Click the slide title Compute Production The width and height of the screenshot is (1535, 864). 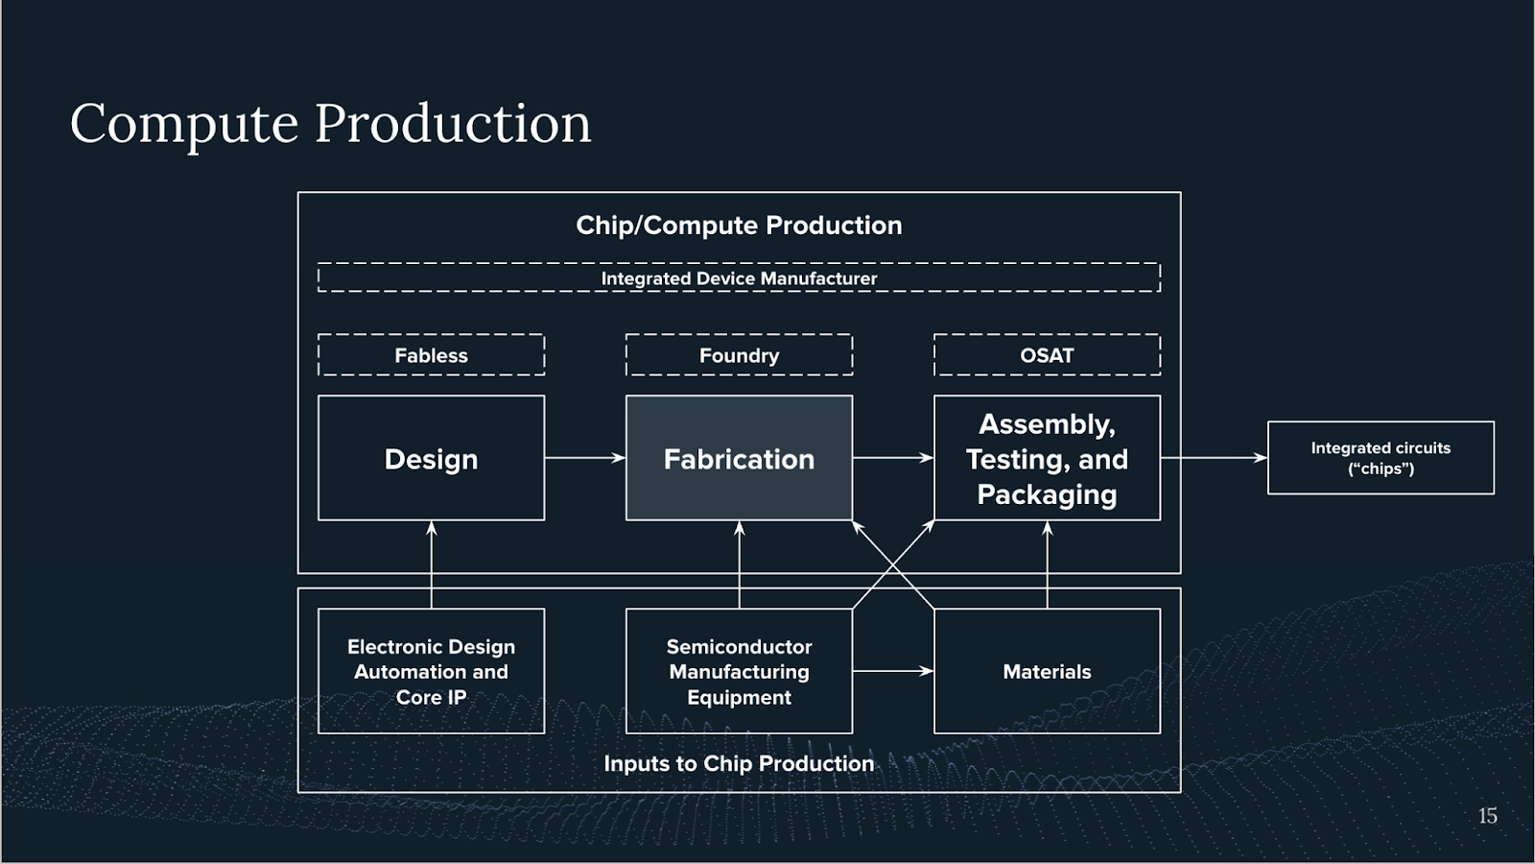pyautogui.click(x=331, y=124)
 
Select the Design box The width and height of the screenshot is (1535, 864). pyautogui.click(x=431, y=458)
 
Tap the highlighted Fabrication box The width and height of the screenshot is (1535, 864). pyautogui.click(x=739, y=458)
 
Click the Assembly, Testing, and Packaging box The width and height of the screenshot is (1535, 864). pyautogui.click(x=1047, y=458)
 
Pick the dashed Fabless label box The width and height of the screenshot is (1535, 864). pyautogui.click(x=431, y=355)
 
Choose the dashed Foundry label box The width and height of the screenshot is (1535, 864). pyautogui.click(x=739, y=355)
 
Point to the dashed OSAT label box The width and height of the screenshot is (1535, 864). pyautogui.click(x=1047, y=355)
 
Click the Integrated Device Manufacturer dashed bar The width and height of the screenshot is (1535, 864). pyautogui.click(x=739, y=277)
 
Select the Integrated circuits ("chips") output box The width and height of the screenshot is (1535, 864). pyautogui.click(x=1381, y=458)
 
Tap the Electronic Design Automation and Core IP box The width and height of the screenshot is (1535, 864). pyautogui.click(x=431, y=671)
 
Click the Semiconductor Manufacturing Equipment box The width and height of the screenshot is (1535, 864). pyautogui.click(x=739, y=671)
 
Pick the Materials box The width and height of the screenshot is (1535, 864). pyautogui.click(x=1047, y=671)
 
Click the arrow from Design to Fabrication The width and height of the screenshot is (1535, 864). pyautogui.click(x=585, y=458)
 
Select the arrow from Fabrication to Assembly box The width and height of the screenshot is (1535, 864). pyautogui.click(x=892, y=458)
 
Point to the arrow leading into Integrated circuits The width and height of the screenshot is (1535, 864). pyautogui.click(x=1214, y=458)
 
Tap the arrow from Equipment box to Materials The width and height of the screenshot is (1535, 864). pyautogui.click(x=892, y=671)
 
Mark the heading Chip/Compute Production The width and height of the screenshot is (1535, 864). pyautogui.click(x=739, y=226)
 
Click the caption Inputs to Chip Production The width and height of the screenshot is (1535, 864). pyautogui.click(x=739, y=763)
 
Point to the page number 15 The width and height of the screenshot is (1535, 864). pyautogui.click(x=1487, y=816)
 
